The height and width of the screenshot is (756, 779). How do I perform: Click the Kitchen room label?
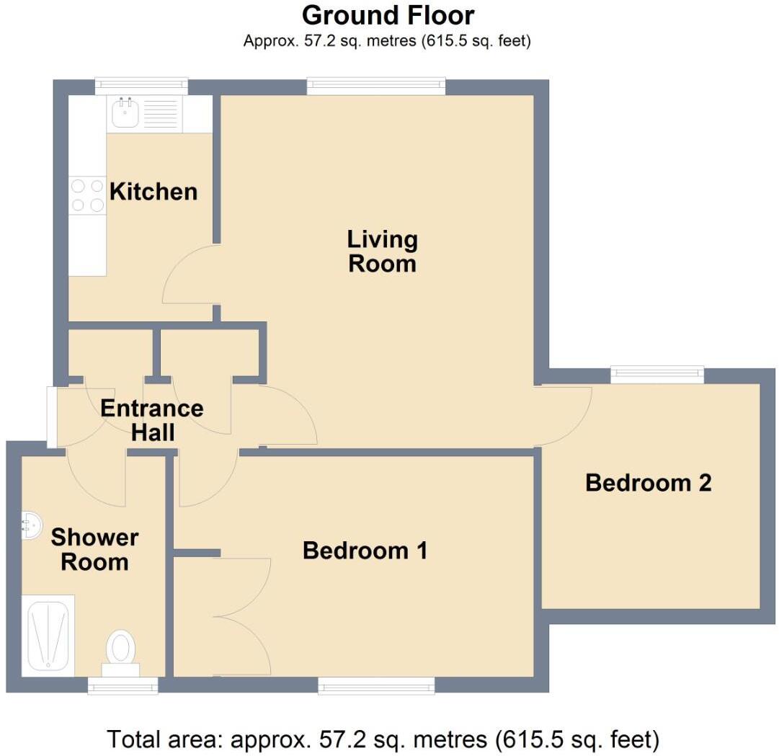pos(153,192)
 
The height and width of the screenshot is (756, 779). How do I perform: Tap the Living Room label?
pos(382,251)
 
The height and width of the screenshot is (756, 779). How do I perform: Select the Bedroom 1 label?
pos(365,551)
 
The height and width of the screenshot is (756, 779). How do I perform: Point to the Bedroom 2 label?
pos(648,482)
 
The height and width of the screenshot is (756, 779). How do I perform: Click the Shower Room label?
pos(94,549)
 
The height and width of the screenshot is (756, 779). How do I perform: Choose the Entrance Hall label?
pos(151,420)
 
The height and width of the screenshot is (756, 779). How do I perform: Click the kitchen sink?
pos(125,113)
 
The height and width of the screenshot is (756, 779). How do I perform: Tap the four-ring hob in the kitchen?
pos(87,195)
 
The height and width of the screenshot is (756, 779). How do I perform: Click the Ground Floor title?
pos(388,15)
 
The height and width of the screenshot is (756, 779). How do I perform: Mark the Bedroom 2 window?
pos(656,373)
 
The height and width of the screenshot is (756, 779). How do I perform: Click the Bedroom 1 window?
pos(376,685)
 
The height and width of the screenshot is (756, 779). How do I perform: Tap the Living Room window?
pos(375,86)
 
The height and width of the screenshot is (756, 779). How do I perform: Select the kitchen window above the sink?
pos(141,86)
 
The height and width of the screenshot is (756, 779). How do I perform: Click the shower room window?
pos(123,685)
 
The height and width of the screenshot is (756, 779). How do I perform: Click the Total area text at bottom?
pos(383,739)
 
